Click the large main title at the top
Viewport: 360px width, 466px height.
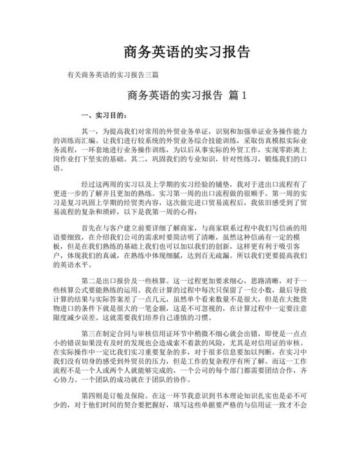coord(180,51)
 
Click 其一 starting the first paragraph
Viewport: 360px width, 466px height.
coord(88,130)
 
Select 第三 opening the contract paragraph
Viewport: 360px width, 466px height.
coord(88,334)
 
